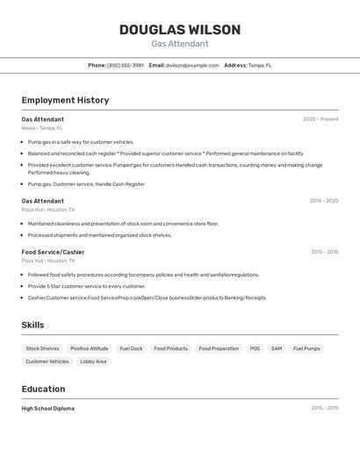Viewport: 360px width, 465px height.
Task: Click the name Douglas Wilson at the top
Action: [x=179, y=30]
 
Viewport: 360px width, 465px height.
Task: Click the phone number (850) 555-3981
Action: [x=126, y=65]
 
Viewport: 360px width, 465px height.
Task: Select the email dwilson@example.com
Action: [x=192, y=65]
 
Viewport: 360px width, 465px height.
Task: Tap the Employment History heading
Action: [x=65, y=100]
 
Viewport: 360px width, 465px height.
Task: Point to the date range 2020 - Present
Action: [x=320, y=119]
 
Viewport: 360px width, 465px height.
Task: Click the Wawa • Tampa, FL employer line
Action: [x=42, y=128]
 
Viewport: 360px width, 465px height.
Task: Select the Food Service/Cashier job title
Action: [x=53, y=252]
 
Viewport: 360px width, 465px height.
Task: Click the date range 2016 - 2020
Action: [x=323, y=201]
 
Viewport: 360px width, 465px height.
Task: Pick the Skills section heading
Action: [x=32, y=325]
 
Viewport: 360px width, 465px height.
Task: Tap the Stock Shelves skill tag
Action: [x=42, y=348]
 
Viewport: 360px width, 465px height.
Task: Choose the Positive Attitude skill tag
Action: [x=90, y=348]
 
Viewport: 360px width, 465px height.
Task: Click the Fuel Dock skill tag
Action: [x=131, y=348]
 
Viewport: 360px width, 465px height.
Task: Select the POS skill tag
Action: [x=255, y=348]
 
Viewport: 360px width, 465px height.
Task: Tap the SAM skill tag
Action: [x=277, y=348]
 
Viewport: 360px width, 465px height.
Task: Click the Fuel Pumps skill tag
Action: [x=306, y=348]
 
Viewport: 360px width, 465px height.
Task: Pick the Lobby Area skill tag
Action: [x=93, y=361]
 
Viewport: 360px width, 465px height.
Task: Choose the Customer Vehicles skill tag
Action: [x=47, y=361]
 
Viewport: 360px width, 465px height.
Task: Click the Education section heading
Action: [x=43, y=389]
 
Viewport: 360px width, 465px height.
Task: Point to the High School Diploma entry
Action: [x=48, y=408]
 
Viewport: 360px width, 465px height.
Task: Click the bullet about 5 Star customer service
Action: [x=87, y=286]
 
